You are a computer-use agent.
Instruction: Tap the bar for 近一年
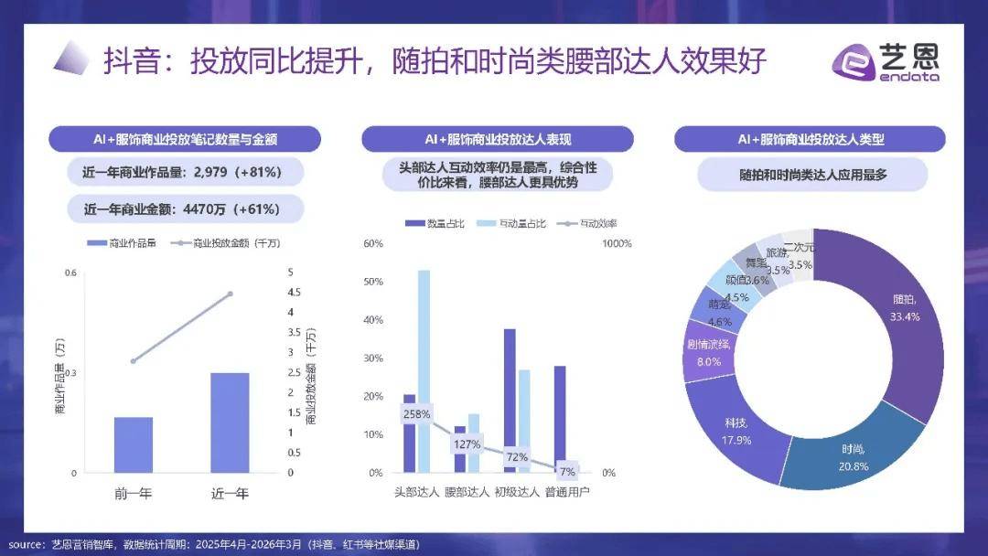pyautogui.click(x=230, y=422)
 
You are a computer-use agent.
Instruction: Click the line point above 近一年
pyautogui.click(x=230, y=294)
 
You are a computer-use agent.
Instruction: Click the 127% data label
pyautogui.click(x=467, y=444)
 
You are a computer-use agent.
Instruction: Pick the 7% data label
pyautogui.click(x=567, y=472)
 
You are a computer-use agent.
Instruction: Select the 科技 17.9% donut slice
pyautogui.click(x=737, y=430)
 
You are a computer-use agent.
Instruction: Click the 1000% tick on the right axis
pyautogui.click(x=617, y=243)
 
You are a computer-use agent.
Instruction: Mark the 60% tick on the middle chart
pyautogui.click(x=372, y=243)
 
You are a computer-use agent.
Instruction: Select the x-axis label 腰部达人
pyautogui.click(x=467, y=492)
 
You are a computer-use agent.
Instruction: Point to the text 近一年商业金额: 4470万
pyautogui.click(x=182, y=208)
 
